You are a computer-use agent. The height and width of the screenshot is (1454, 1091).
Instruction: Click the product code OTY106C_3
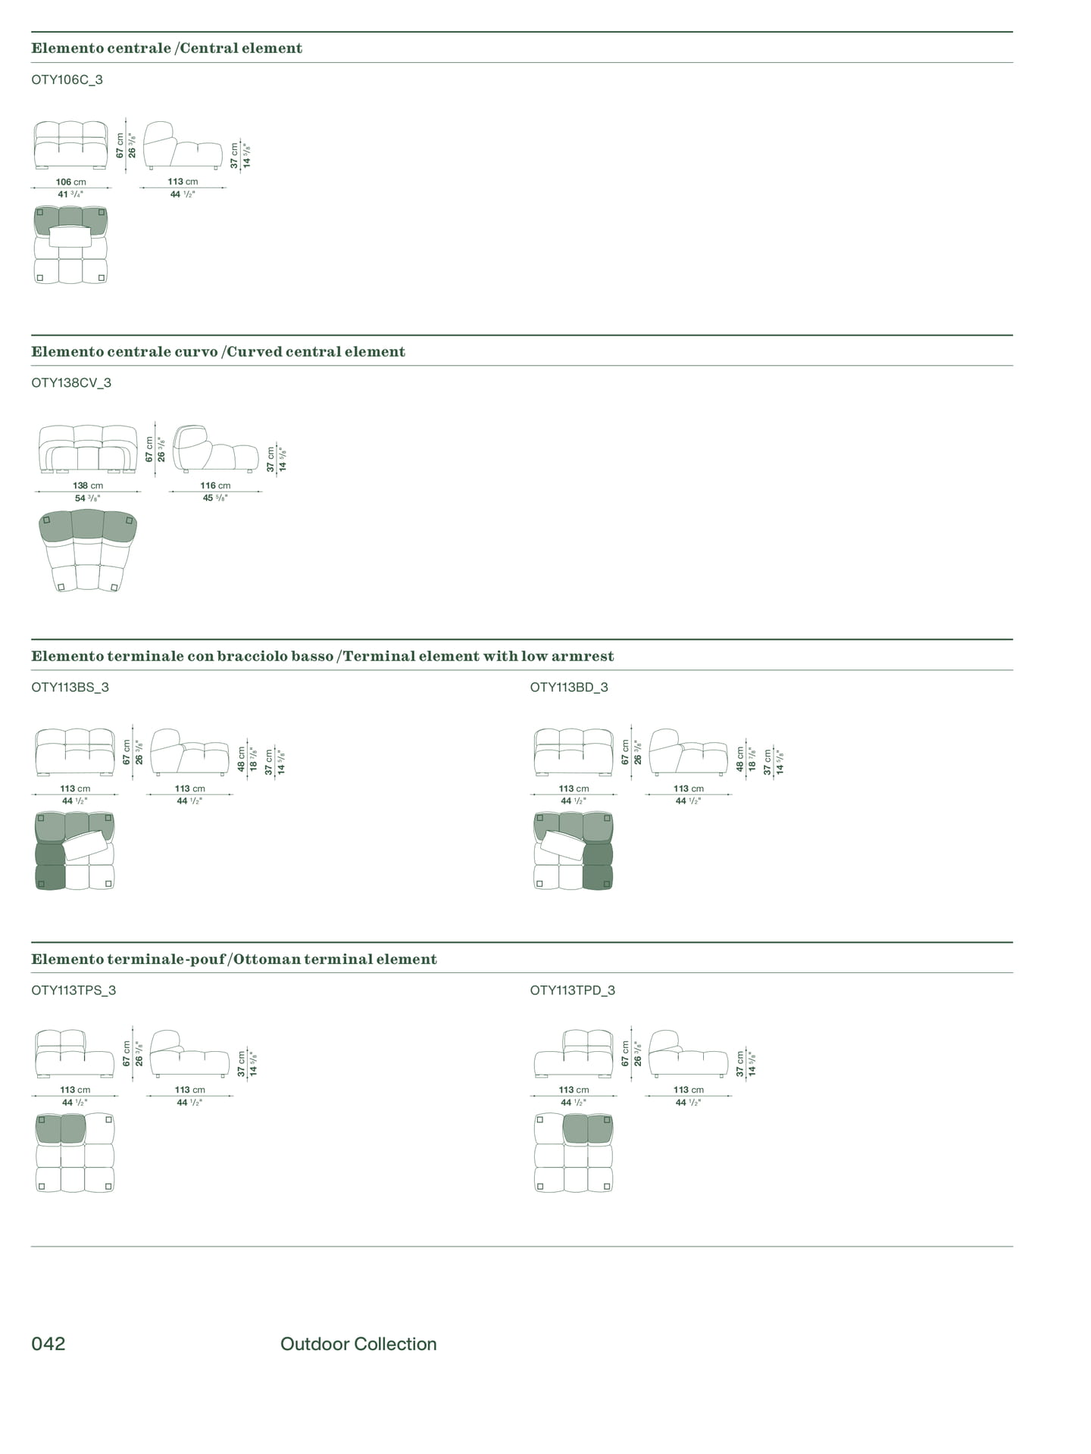[x=67, y=80]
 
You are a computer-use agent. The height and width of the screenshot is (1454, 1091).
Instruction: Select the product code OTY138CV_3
[x=71, y=382]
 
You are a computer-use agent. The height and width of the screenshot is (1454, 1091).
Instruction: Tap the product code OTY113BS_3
[x=70, y=687]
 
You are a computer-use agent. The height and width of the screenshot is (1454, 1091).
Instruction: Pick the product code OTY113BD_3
[x=569, y=687]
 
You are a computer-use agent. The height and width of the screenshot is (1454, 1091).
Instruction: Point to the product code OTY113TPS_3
[x=73, y=990]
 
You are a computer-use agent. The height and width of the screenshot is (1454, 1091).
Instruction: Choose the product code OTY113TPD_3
[x=573, y=990]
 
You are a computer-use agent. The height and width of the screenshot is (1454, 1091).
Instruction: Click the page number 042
[x=48, y=1343]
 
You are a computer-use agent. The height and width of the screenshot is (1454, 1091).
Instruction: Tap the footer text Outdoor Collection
[x=358, y=1343]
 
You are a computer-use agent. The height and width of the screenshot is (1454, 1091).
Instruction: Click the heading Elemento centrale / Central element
[x=167, y=48]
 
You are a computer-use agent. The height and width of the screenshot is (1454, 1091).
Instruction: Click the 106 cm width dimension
[x=70, y=182]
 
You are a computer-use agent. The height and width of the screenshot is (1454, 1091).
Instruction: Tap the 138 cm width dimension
[x=88, y=485]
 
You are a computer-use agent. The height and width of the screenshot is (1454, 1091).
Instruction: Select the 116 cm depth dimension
[x=215, y=485]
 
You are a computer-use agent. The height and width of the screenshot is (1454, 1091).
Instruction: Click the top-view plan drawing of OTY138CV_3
[x=88, y=551]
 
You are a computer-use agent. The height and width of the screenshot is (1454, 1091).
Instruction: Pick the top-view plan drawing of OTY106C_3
[x=70, y=245]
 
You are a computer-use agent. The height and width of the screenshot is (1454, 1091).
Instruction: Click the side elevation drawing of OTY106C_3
[x=183, y=145]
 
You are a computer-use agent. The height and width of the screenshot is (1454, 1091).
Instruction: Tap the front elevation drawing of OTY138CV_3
[x=88, y=449]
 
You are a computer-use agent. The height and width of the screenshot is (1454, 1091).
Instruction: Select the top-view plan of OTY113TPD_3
[x=574, y=1153]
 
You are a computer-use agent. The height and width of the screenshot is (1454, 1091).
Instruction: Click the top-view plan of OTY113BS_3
[x=74, y=850]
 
